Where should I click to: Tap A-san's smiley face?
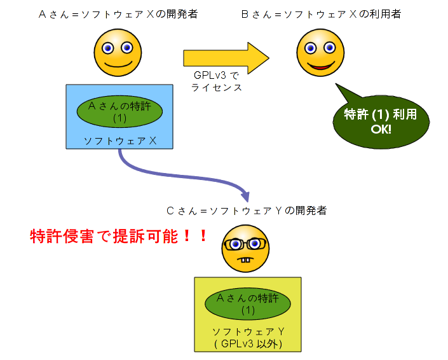click(118, 53)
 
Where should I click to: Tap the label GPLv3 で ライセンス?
click(217, 81)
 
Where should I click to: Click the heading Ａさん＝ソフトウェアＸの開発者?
click(118, 14)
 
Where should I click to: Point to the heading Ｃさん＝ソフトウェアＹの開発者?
click(247, 211)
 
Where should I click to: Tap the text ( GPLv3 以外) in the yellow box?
click(248, 344)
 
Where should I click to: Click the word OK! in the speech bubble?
click(381, 130)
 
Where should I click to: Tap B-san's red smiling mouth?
click(320, 66)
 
